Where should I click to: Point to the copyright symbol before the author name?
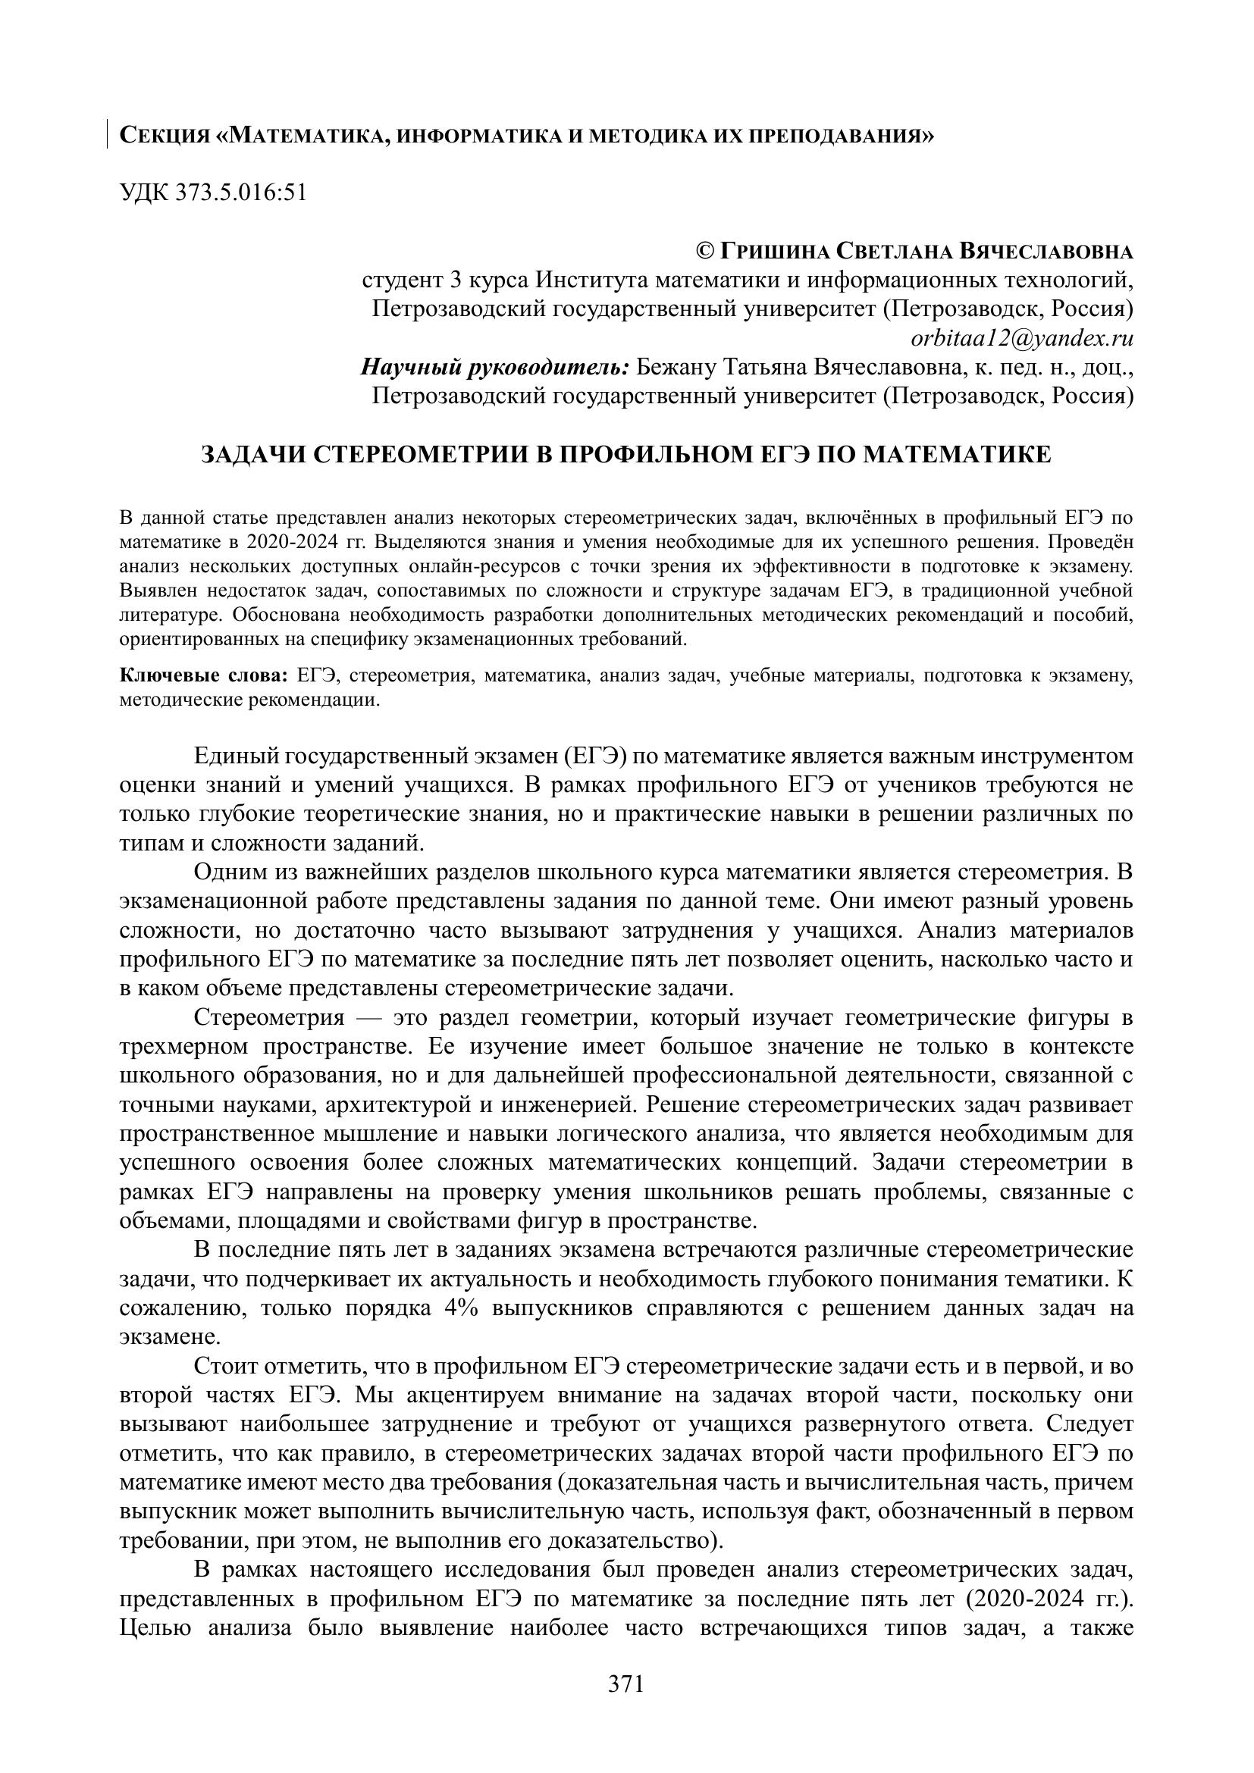705,251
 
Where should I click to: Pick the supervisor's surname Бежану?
677,367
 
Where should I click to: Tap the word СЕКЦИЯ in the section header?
165,136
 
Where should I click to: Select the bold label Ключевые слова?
204,675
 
